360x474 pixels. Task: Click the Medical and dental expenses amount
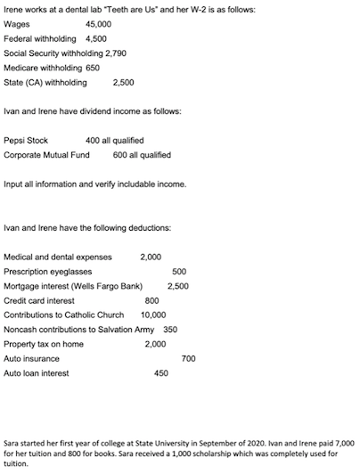click(151, 257)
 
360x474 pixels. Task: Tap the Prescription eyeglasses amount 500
click(178, 271)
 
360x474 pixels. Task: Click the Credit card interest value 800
click(151, 300)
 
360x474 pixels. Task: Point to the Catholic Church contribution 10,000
click(153, 315)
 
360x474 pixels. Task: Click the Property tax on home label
click(44, 344)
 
